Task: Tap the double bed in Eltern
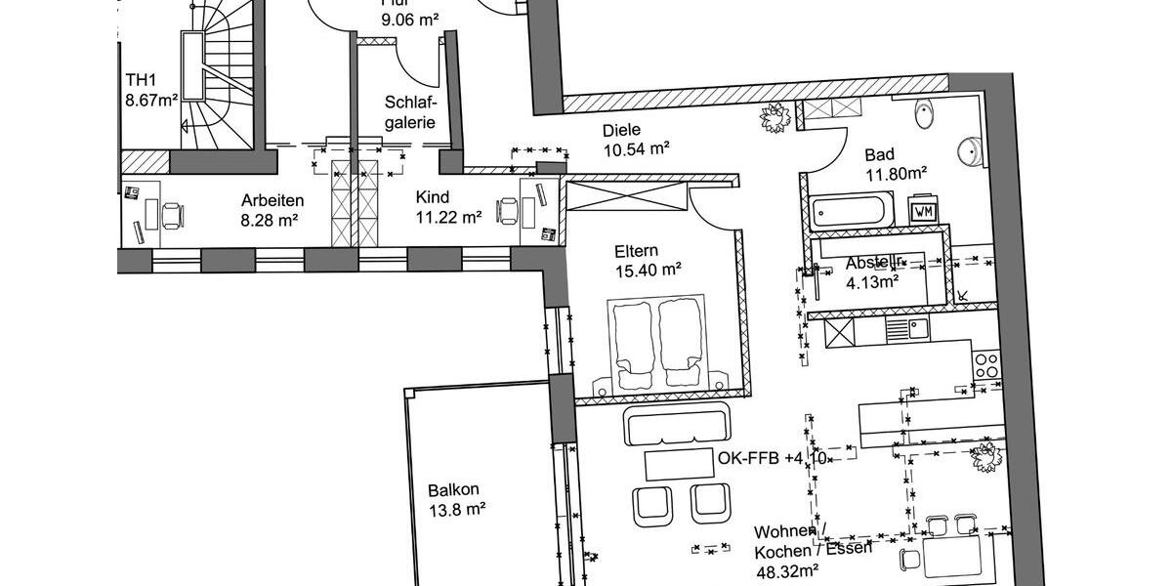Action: click(x=657, y=343)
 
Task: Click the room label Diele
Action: click(x=621, y=129)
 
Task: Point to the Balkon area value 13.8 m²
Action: click(x=457, y=509)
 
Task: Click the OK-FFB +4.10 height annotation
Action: click(x=773, y=458)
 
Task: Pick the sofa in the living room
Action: click(x=677, y=425)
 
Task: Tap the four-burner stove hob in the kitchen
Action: click(x=986, y=365)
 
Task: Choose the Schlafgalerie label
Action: click(x=410, y=111)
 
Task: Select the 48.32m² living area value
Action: click(x=787, y=567)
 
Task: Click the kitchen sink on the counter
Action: click(x=918, y=328)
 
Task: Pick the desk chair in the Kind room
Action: click(x=508, y=209)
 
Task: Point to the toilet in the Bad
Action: click(x=925, y=116)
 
